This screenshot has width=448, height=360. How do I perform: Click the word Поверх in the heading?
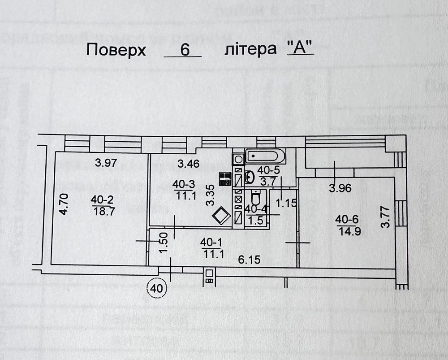[116, 50]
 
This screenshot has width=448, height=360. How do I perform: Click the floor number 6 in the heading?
[183, 50]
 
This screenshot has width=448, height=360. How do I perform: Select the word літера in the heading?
[250, 49]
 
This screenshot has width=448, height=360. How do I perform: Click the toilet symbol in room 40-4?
[256, 197]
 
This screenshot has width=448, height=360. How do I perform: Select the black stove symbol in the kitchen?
[225, 179]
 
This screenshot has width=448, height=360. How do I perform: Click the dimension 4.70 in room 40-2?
[64, 204]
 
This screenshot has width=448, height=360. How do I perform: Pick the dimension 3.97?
[106, 164]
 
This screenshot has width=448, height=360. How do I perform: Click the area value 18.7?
[103, 212]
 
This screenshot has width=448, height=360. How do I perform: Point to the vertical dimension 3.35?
[208, 196]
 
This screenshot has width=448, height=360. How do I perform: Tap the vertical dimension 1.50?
[164, 242]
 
